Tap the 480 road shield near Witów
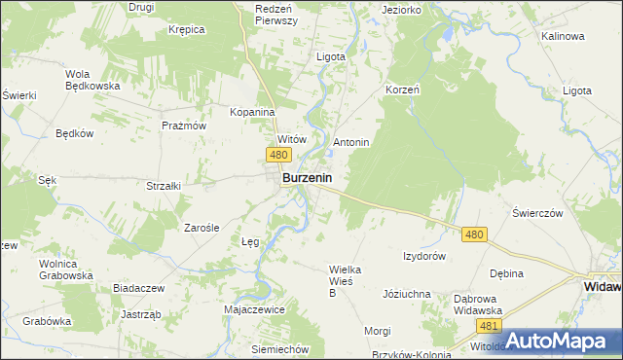(x=278, y=156)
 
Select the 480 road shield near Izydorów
(x=474, y=234)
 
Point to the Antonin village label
(x=351, y=142)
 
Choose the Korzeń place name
(x=402, y=89)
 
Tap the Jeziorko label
(x=402, y=10)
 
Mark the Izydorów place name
(x=424, y=256)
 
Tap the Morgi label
(x=378, y=331)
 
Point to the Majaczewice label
(x=253, y=309)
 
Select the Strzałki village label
(x=165, y=185)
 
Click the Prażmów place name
(x=185, y=126)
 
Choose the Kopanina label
(x=252, y=112)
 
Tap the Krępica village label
(x=186, y=29)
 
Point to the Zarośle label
(x=205, y=228)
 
